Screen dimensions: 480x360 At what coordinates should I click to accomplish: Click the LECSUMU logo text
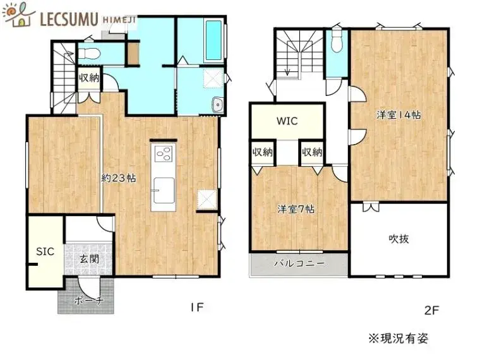(69, 19)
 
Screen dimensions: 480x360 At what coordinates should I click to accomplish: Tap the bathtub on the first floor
(213, 40)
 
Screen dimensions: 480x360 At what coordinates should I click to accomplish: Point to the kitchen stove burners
(164, 153)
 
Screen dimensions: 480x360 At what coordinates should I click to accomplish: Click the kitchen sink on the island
(164, 190)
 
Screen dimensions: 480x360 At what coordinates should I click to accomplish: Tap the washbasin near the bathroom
(218, 105)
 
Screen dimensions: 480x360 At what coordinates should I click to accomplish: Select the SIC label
(45, 251)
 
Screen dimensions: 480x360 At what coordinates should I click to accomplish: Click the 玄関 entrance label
(89, 259)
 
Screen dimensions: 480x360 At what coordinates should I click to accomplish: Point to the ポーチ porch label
(89, 301)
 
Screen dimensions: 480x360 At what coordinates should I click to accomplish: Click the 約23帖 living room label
(119, 178)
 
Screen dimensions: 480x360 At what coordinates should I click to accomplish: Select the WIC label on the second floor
(287, 121)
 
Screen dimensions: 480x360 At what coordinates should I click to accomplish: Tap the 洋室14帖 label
(399, 115)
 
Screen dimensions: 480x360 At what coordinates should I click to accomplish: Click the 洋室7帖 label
(296, 210)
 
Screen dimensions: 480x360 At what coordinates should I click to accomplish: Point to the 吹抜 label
(399, 239)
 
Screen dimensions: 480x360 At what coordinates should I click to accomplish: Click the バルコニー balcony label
(299, 263)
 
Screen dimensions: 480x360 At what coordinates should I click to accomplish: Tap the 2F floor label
(432, 310)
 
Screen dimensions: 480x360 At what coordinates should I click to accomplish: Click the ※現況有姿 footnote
(399, 339)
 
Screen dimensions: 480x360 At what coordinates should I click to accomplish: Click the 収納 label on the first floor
(89, 78)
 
